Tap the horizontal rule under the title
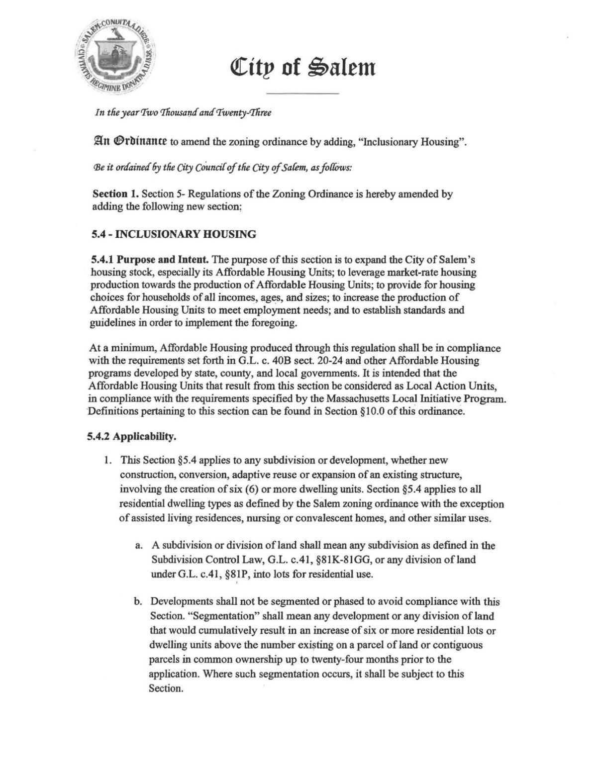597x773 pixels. click(x=302, y=94)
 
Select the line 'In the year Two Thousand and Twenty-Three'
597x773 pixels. click(x=183, y=113)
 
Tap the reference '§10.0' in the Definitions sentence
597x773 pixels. click(x=371, y=412)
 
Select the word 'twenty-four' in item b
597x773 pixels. click(x=334, y=660)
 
